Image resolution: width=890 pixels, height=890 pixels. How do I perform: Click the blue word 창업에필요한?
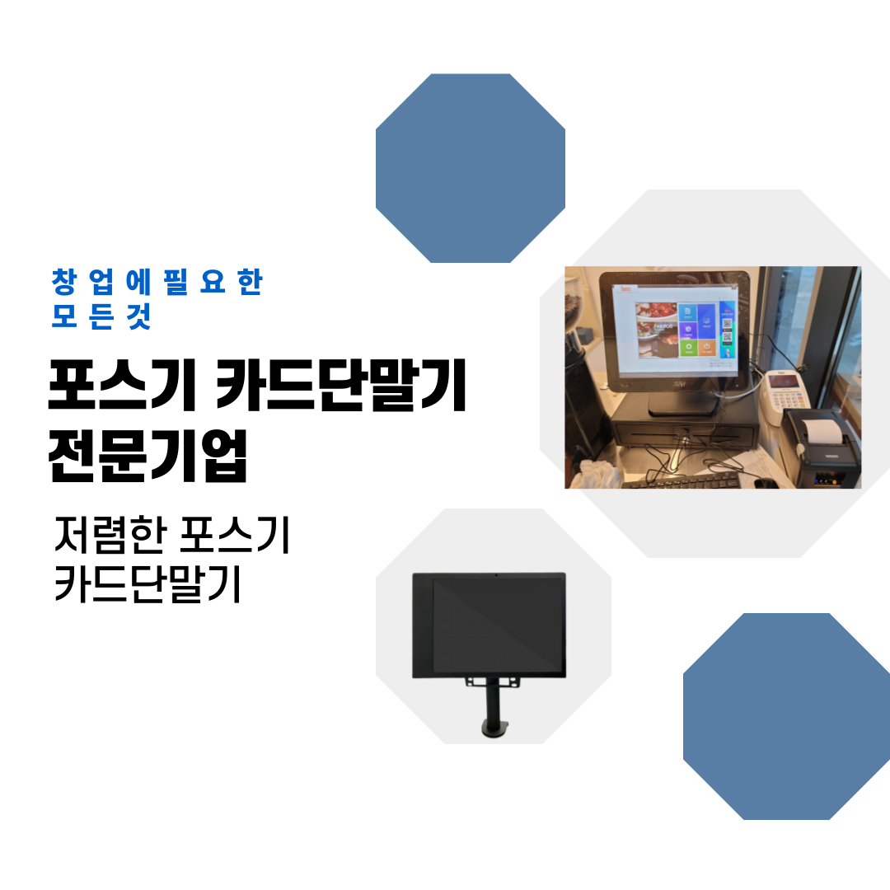tap(157, 283)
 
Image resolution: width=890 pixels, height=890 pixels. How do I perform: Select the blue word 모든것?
tap(101, 317)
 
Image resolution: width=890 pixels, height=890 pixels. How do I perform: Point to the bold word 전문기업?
tap(148, 455)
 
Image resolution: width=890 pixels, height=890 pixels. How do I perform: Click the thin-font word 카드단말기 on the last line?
tap(148, 585)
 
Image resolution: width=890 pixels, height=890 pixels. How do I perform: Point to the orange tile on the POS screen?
tap(706, 348)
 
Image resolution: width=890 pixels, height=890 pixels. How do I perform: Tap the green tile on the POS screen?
tap(687, 349)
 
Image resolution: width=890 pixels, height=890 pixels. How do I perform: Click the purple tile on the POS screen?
tap(706, 314)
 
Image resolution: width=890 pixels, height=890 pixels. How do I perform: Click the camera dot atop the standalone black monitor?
tap(496, 574)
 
